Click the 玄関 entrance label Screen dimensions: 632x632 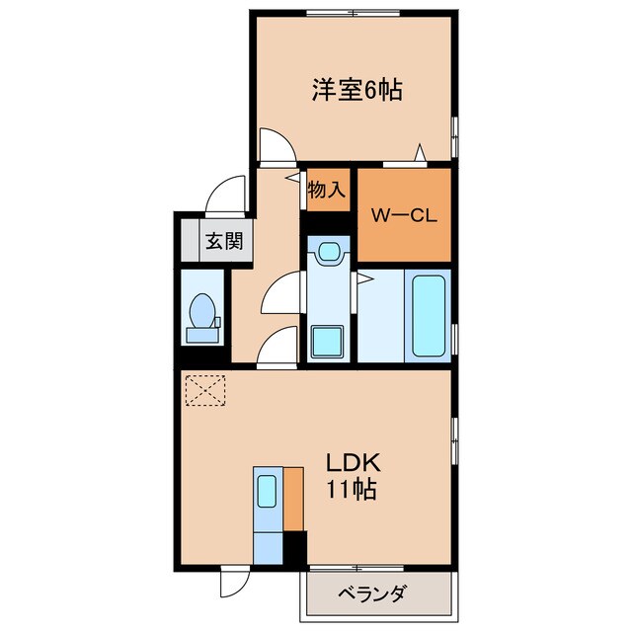click(223, 240)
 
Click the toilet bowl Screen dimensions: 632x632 click(205, 311)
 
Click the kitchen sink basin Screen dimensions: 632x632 click(268, 490)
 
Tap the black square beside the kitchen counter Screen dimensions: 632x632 click(295, 545)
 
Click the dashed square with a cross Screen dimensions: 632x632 click(204, 389)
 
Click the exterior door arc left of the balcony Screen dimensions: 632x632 click(231, 582)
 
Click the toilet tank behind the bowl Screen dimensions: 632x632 click(205, 335)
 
